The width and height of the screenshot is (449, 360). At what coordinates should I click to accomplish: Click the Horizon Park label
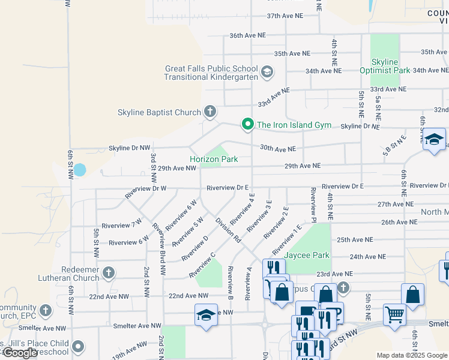point(214,159)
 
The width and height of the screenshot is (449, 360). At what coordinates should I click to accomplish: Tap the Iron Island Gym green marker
point(247,124)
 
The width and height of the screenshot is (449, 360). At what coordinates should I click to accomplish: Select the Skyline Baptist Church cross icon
point(209,111)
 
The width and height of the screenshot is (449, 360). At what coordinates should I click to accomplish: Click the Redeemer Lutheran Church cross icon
point(109,273)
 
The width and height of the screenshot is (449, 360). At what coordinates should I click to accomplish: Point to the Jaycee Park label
point(307,255)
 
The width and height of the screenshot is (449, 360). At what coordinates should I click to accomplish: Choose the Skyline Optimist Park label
point(385,66)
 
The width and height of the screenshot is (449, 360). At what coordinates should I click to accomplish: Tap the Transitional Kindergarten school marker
point(267,73)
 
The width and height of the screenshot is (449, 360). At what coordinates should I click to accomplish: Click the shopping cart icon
point(394,313)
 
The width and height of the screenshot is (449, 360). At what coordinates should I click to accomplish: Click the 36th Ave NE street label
point(247,35)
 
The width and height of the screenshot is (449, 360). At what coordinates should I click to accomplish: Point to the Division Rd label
point(228,229)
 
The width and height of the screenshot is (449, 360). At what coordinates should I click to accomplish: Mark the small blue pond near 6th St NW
point(79,170)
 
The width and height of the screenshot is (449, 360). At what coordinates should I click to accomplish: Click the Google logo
point(19,353)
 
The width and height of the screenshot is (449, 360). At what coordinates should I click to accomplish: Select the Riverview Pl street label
point(313,203)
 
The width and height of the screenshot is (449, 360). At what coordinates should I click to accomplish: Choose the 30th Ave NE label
point(277,148)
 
